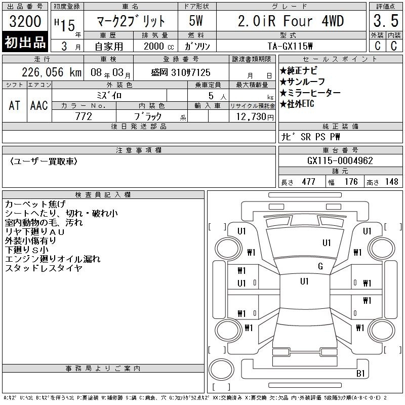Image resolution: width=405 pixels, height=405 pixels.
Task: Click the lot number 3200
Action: (x=25, y=21)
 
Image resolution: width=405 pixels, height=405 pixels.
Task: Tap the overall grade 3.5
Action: (x=386, y=21)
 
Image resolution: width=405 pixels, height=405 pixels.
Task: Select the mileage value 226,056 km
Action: (x=52, y=72)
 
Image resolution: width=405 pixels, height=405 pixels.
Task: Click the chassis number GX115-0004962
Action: (x=340, y=160)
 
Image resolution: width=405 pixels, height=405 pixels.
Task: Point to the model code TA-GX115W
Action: (x=290, y=46)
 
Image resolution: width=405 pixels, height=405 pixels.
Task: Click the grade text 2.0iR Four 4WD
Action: (x=291, y=21)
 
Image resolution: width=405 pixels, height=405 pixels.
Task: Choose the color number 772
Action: (x=84, y=116)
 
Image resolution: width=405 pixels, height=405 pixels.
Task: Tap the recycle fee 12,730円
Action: (x=255, y=117)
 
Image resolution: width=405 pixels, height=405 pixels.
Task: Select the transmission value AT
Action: (x=15, y=105)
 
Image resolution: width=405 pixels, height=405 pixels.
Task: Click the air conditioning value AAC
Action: (x=39, y=105)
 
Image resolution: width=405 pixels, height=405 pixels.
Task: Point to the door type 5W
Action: (x=196, y=21)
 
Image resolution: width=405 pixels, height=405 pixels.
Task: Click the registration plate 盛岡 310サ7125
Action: (x=181, y=72)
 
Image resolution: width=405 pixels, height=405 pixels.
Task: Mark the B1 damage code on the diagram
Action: (x=360, y=373)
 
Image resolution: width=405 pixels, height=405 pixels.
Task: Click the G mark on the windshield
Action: (x=320, y=266)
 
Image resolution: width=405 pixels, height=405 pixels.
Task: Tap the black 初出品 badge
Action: (x=25, y=42)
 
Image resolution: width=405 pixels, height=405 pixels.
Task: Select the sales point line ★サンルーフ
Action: (x=302, y=82)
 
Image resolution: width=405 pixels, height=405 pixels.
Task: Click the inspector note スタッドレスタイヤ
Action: (x=44, y=268)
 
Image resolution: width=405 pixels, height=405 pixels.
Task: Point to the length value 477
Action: (x=308, y=182)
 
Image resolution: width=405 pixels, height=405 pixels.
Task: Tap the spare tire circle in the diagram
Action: (x=221, y=370)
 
